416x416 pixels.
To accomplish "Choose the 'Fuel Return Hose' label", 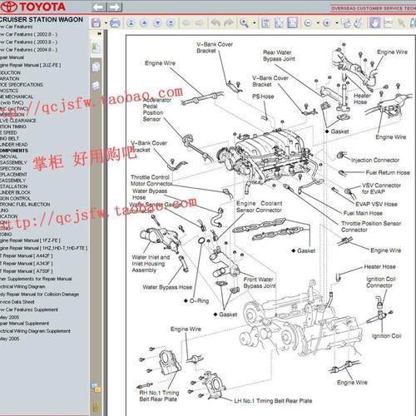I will point(383,173).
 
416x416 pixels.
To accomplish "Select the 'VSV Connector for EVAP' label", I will point(382,188).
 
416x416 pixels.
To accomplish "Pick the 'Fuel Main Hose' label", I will point(367,214).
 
